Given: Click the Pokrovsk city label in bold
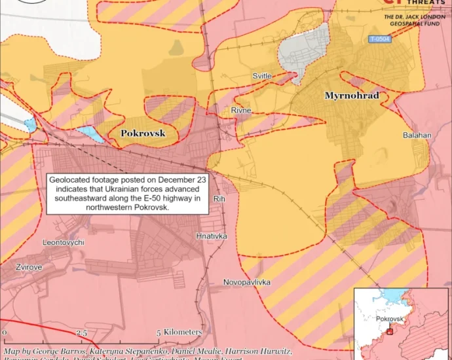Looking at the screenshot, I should [x=143, y=134].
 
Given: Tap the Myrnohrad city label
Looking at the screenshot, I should [x=352, y=96].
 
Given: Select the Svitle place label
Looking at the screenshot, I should [x=262, y=77].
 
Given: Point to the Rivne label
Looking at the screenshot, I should [x=241, y=111].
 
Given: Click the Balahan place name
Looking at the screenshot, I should [x=417, y=135].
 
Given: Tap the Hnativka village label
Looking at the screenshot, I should [x=211, y=235].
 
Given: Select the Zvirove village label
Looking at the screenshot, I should [x=29, y=268].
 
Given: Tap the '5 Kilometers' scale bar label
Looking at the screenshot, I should [x=179, y=333].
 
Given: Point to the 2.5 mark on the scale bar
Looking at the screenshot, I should [x=81, y=333].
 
